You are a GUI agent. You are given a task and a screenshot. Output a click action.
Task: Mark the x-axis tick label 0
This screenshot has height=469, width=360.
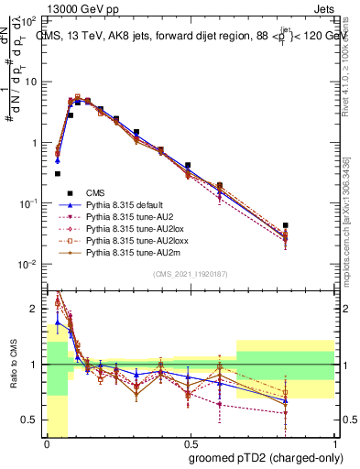pyautogui.click(x=47, y=442)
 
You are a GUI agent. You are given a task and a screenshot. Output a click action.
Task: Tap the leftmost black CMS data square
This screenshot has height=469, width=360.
pyautogui.click(x=57, y=173)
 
